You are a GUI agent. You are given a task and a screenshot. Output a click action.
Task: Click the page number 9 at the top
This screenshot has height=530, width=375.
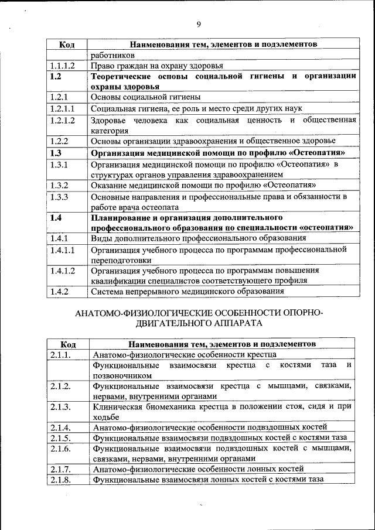[199, 23]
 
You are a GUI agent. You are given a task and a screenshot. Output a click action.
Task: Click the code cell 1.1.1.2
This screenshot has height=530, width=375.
[63, 66]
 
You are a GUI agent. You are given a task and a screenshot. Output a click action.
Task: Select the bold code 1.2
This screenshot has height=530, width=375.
[56, 77]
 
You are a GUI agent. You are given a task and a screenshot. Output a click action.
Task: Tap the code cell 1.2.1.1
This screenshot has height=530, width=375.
[63, 108]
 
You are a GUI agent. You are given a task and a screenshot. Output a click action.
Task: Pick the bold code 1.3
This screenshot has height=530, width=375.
[56, 153]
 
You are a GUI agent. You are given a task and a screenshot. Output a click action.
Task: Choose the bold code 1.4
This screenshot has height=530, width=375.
[56, 218]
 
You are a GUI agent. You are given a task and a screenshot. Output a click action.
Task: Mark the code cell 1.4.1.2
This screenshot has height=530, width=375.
[63, 270]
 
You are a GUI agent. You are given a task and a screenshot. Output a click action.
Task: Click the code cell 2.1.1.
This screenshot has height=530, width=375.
[61, 354]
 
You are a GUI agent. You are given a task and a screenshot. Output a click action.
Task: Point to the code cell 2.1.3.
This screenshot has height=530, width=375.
[61, 406]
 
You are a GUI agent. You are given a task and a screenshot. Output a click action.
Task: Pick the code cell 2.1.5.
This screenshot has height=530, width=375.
[61, 437]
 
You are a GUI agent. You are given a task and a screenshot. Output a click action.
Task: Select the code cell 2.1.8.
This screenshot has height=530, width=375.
[61, 479]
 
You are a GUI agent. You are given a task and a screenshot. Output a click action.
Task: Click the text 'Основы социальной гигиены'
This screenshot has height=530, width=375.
[146, 97]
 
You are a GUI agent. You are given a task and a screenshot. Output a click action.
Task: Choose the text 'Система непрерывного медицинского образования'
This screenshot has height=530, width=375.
[187, 291]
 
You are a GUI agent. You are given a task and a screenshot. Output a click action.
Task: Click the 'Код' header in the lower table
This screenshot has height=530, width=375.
[67, 344]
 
